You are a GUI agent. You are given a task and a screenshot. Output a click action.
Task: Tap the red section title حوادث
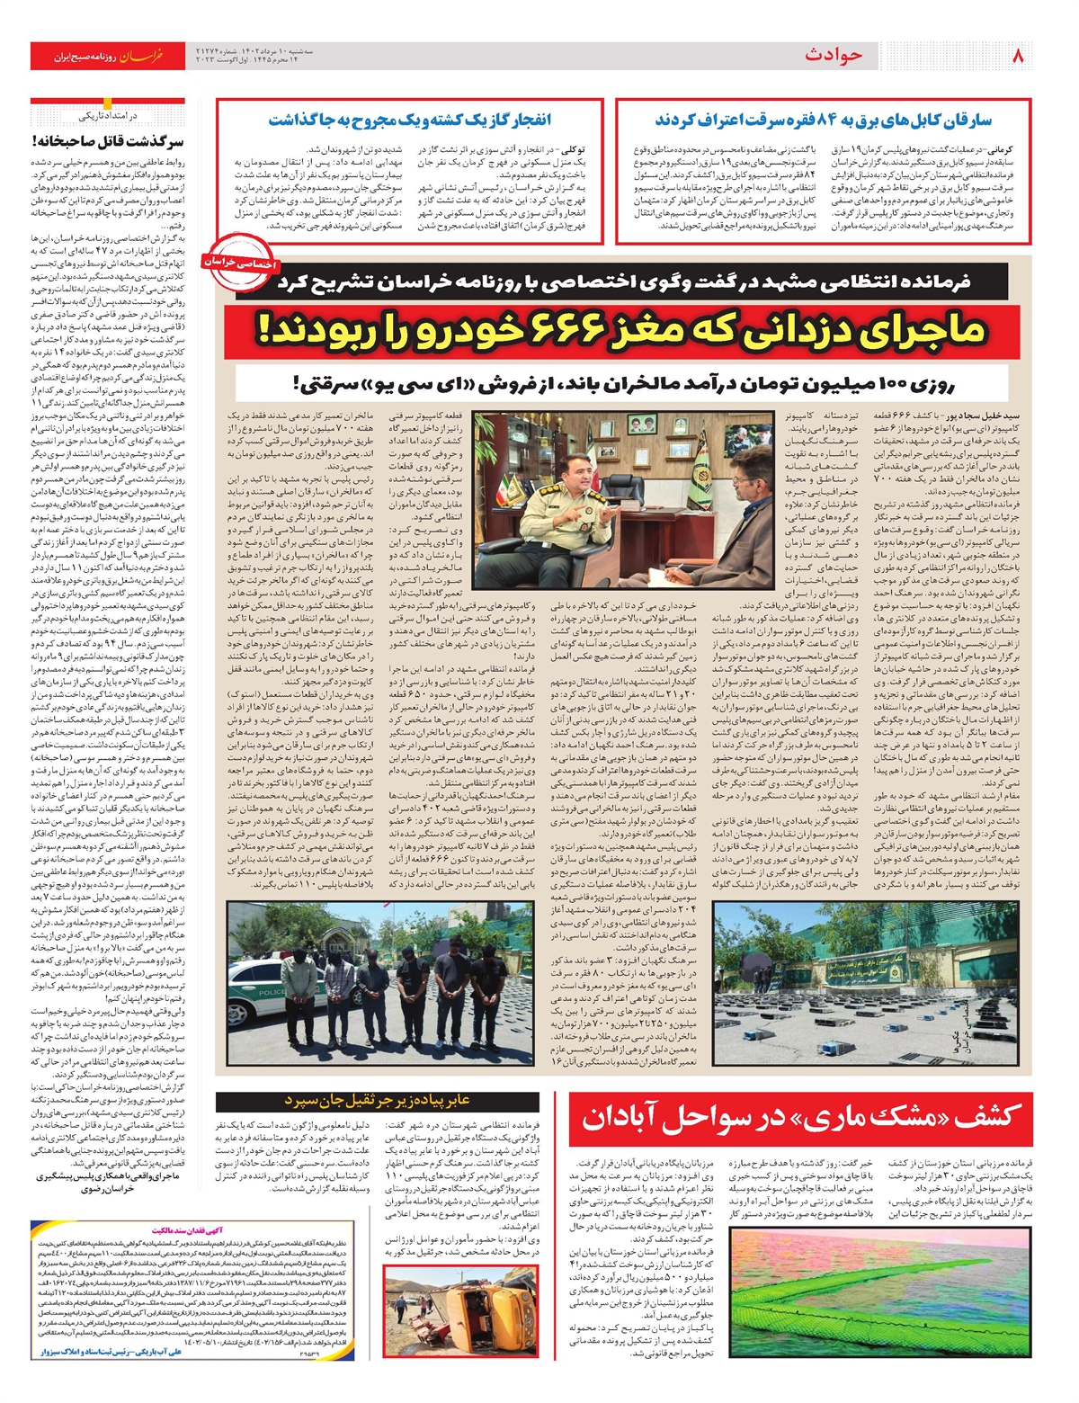[833, 56]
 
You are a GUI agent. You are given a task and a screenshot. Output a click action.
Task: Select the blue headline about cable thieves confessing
[823, 120]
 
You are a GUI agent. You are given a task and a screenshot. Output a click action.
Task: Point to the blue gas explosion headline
[409, 120]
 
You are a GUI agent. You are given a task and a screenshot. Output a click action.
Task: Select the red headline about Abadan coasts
[800, 1117]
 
